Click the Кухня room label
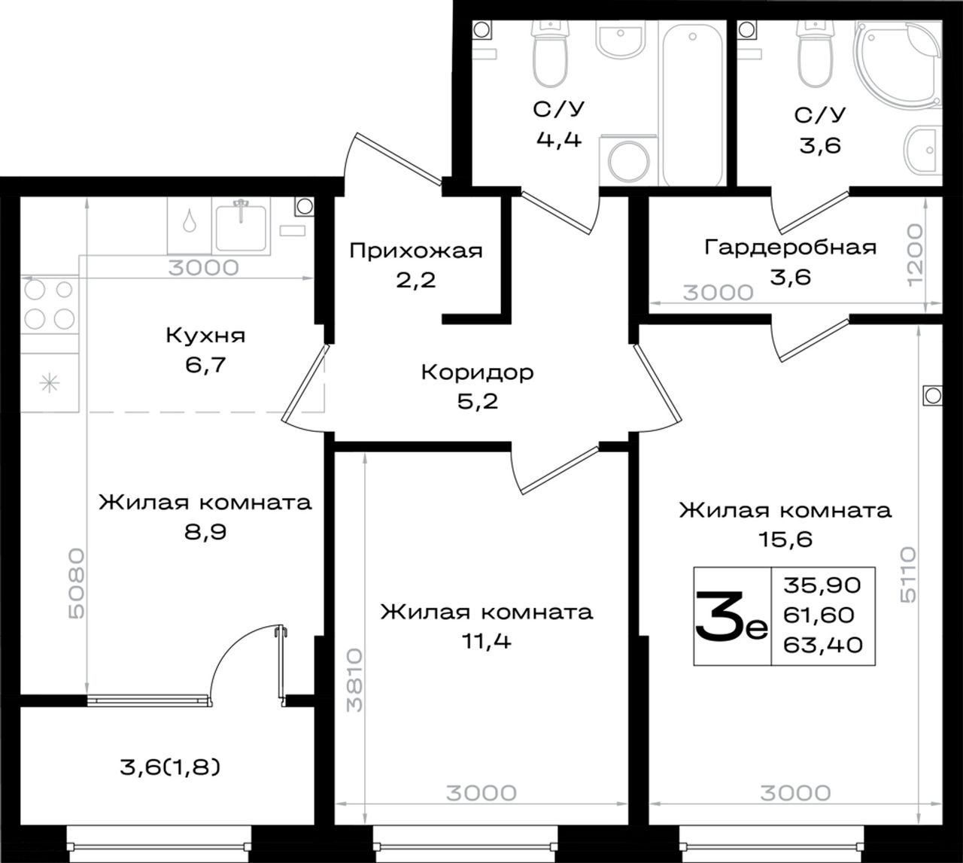click(x=205, y=336)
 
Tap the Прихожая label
click(x=416, y=251)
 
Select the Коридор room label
click(x=477, y=372)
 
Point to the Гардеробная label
click(x=790, y=248)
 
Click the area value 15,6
click(x=785, y=539)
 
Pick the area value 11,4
click(x=486, y=642)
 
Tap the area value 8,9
click(x=205, y=532)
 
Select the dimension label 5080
click(x=76, y=583)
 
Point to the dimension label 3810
click(x=354, y=680)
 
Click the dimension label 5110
click(x=907, y=576)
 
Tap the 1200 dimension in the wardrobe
click(x=915, y=255)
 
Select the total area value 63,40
click(x=823, y=646)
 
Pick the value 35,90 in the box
click(x=822, y=585)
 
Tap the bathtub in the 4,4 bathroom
click(x=693, y=105)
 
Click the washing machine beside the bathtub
click(x=629, y=161)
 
